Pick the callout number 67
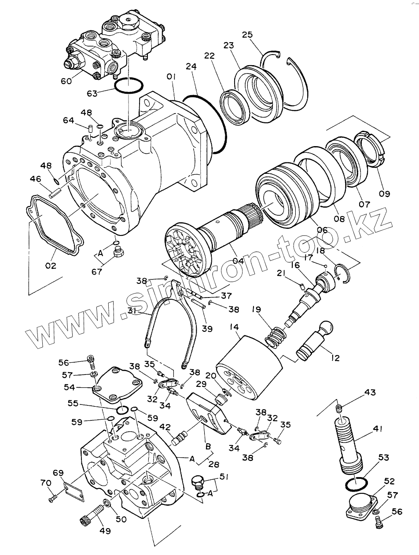click(97, 272)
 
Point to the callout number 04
click(238, 261)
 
